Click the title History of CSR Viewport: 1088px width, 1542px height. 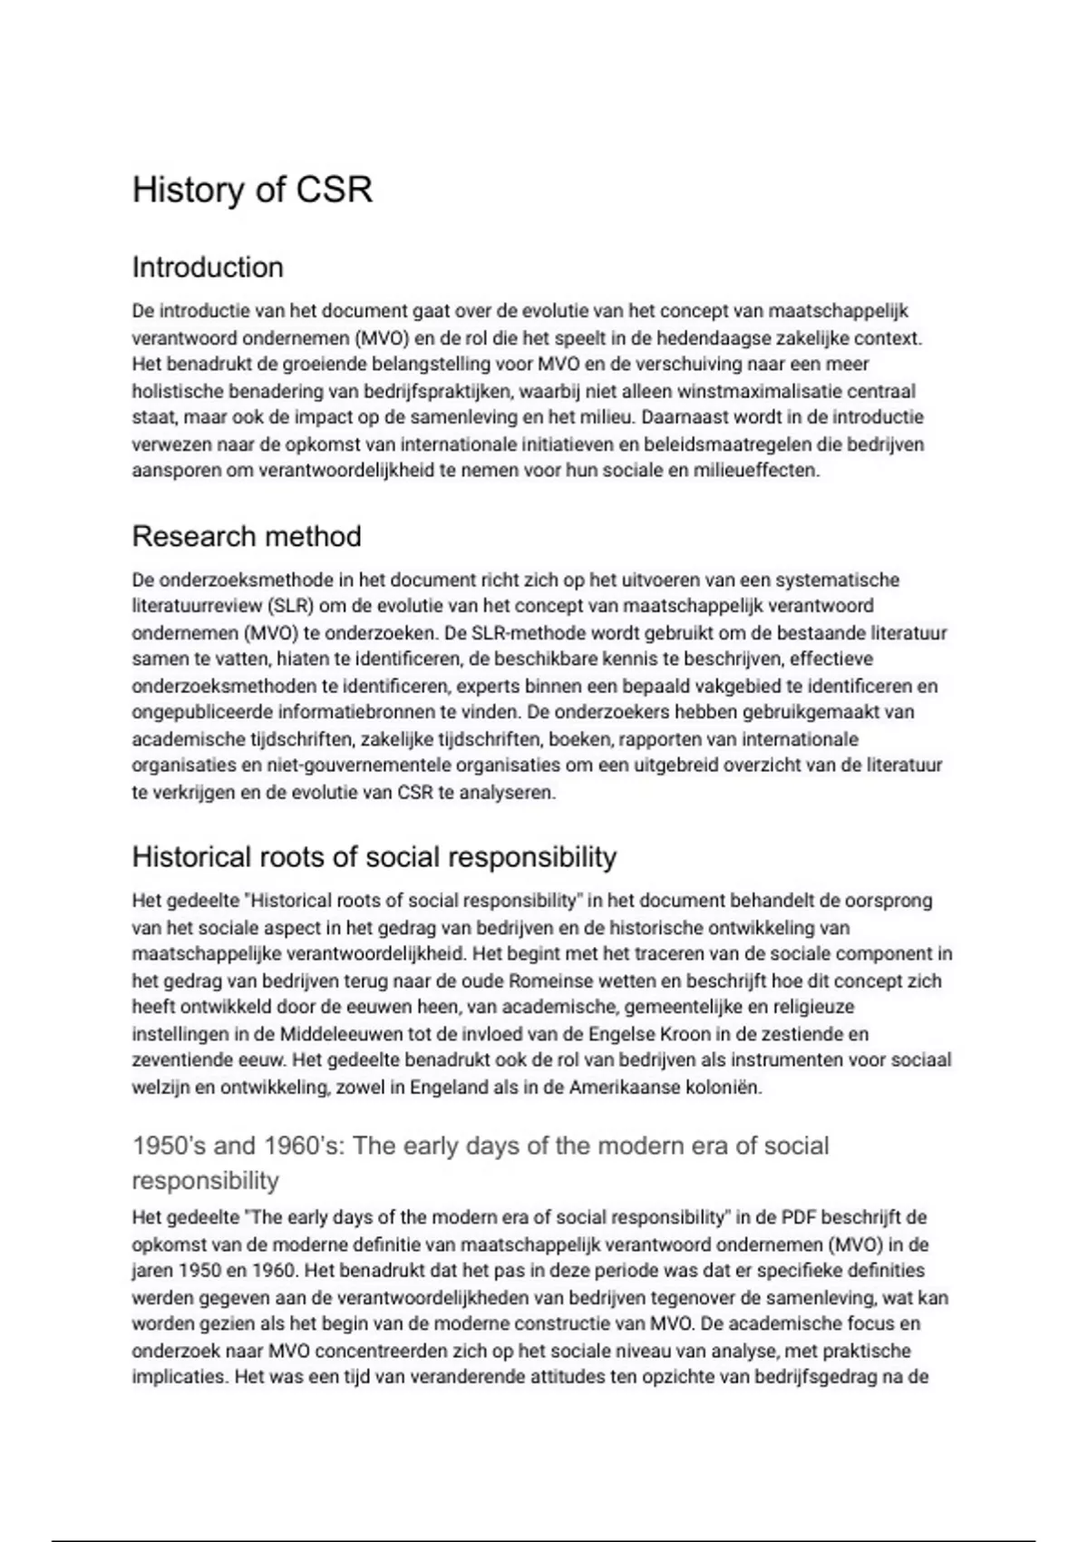252,190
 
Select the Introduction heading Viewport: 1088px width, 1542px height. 208,268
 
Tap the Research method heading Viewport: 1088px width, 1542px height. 247,536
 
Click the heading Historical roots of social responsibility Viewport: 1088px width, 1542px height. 374,856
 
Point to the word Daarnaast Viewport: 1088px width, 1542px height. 679,418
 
